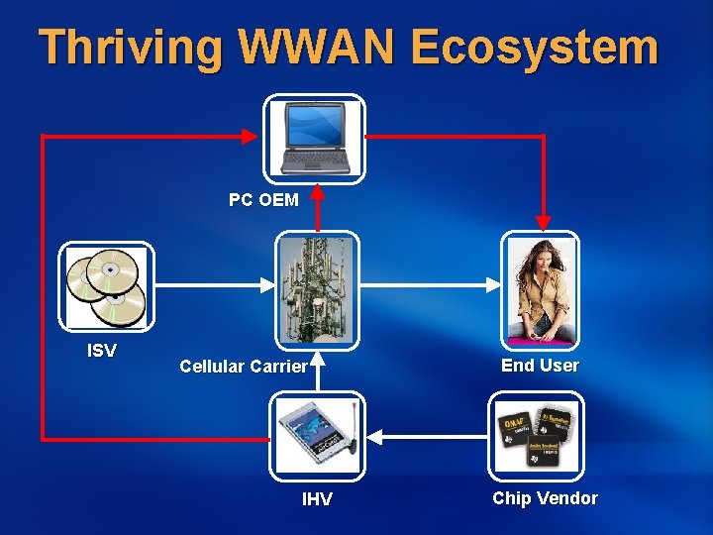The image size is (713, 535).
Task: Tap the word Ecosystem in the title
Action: [534, 49]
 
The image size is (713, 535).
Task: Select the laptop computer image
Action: [314, 138]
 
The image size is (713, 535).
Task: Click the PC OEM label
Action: [263, 200]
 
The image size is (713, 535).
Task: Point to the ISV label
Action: [102, 351]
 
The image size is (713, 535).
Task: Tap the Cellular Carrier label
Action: [244, 367]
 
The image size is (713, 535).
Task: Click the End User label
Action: [540, 366]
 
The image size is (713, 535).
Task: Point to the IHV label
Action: [317, 499]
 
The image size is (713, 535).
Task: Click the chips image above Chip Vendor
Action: [536, 434]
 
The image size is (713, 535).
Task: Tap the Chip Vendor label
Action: [545, 498]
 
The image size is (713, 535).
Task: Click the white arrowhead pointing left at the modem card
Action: [377, 434]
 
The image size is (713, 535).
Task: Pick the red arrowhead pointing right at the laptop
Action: [252, 136]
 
